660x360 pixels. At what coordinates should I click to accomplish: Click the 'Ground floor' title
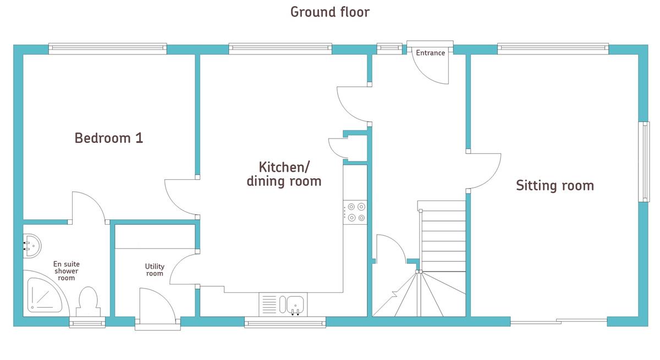pyautogui.click(x=329, y=12)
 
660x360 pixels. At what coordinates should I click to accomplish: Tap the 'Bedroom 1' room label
pyautogui.click(x=109, y=138)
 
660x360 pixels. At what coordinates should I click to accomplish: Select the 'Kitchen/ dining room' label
pyautogui.click(x=284, y=174)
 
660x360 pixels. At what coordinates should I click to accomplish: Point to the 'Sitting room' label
pyautogui.click(x=555, y=185)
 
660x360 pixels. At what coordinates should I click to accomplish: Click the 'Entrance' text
pyautogui.click(x=430, y=53)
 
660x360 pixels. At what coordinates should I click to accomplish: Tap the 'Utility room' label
pyautogui.click(x=155, y=270)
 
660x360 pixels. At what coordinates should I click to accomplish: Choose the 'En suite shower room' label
pyautogui.click(x=67, y=271)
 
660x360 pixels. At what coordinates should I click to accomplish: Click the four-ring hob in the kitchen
pyautogui.click(x=355, y=212)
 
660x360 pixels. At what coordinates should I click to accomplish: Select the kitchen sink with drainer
pyautogui.click(x=283, y=304)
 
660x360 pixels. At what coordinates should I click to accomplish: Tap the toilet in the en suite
pyautogui.click(x=88, y=301)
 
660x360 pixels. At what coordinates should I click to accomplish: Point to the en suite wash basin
pyautogui.click(x=32, y=246)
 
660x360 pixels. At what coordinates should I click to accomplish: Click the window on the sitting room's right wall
pyautogui.click(x=644, y=162)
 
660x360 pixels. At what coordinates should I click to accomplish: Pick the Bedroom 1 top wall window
pyautogui.click(x=108, y=49)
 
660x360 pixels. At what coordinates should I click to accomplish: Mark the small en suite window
pyautogui.click(x=87, y=322)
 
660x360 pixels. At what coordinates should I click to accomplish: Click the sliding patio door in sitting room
pyautogui.click(x=559, y=322)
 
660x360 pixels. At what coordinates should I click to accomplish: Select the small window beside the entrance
pyautogui.click(x=389, y=49)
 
